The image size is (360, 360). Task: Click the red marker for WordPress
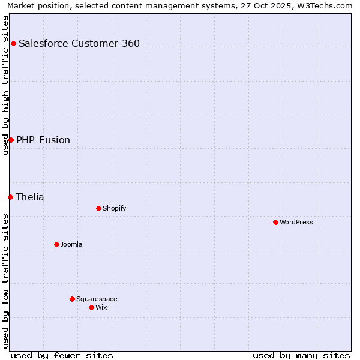tap(275, 222)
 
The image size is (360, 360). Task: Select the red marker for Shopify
tap(98, 208)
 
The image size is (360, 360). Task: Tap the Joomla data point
tap(56, 244)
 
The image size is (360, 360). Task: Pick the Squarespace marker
tap(72, 299)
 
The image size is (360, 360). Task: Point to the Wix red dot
tap(91, 307)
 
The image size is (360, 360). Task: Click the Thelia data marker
tap(10, 197)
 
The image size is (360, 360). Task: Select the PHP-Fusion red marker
tap(11, 140)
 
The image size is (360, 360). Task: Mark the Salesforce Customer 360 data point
tap(13, 43)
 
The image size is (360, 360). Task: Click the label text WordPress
tap(296, 222)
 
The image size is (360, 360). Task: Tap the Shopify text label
tap(114, 208)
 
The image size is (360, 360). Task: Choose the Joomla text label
tap(71, 244)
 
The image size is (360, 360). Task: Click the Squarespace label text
tap(97, 299)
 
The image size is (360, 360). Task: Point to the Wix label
tap(101, 307)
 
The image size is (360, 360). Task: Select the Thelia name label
tap(30, 197)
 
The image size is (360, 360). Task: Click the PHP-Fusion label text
tap(43, 140)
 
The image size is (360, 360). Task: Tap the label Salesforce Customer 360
tap(79, 43)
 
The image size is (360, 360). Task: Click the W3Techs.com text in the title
tap(327, 5)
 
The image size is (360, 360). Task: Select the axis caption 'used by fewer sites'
tap(62, 355)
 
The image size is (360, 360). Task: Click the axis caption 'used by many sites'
tap(301, 355)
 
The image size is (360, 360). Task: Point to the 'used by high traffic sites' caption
tap(5, 85)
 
